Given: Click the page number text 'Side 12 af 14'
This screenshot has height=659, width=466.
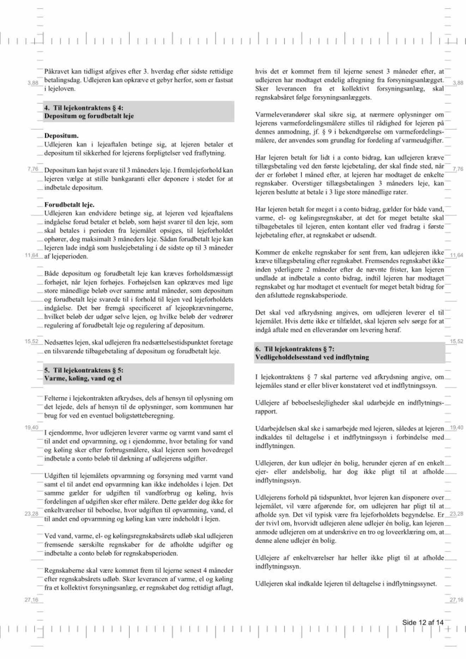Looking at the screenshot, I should coord(423,622).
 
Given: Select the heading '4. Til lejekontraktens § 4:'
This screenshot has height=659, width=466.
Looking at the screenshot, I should coord(84,108).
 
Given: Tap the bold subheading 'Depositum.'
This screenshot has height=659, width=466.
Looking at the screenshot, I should coord(61,135).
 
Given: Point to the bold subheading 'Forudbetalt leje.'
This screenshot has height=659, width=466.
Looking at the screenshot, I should coord(69,205).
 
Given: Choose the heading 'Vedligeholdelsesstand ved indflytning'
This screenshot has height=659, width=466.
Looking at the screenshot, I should coord(312,357).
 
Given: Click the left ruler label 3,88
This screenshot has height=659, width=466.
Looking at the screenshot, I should coord(33,83).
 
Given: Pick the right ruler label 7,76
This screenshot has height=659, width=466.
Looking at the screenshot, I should coord(458,169).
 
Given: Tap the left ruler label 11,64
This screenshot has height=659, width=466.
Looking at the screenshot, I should coord(31,255).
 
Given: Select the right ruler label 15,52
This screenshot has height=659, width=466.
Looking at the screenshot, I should coord(456,341).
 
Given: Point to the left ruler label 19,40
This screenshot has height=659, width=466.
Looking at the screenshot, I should coord(31,428).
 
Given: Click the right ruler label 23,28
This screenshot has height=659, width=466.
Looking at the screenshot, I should coord(456,514).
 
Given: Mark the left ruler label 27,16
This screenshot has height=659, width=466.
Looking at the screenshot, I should coord(31,600).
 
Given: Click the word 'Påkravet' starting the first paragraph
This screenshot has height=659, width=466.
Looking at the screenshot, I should coord(57,71).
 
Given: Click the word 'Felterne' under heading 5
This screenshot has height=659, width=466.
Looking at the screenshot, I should coord(56,398).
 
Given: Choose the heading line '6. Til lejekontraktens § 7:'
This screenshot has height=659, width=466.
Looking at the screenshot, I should coord(295,349).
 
